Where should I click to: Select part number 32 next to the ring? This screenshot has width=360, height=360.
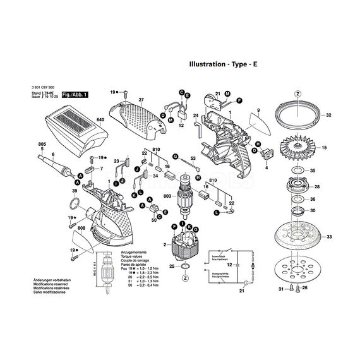(x=328, y=116)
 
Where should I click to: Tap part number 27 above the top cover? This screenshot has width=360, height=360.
(x=141, y=99)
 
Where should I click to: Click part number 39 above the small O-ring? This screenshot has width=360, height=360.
(x=75, y=191)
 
